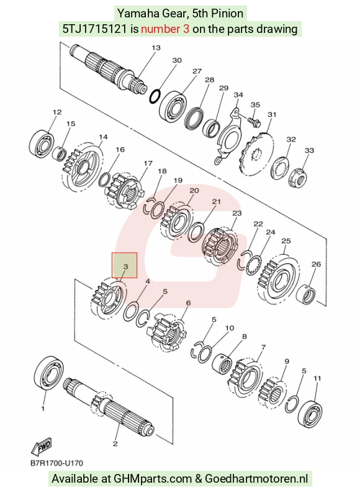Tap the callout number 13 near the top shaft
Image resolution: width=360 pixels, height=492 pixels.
[x=156, y=48]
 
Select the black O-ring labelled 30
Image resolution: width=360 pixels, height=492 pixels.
[x=155, y=96]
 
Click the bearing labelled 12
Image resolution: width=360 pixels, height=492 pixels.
[x=42, y=145]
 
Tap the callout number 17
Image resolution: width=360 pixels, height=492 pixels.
[x=148, y=163]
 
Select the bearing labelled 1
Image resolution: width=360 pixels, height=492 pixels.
[x=48, y=373]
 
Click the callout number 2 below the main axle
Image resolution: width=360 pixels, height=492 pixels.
[x=115, y=444]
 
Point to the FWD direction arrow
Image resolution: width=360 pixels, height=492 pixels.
[x=41, y=446]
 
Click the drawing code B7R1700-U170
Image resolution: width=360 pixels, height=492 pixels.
[x=56, y=463]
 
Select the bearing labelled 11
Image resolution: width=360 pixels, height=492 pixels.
[x=310, y=412]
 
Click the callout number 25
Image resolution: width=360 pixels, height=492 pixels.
[x=286, y=241]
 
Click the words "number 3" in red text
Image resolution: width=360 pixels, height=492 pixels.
[x=165, y=29]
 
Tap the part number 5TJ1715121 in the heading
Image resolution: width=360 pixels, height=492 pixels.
[x=95, y=29]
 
